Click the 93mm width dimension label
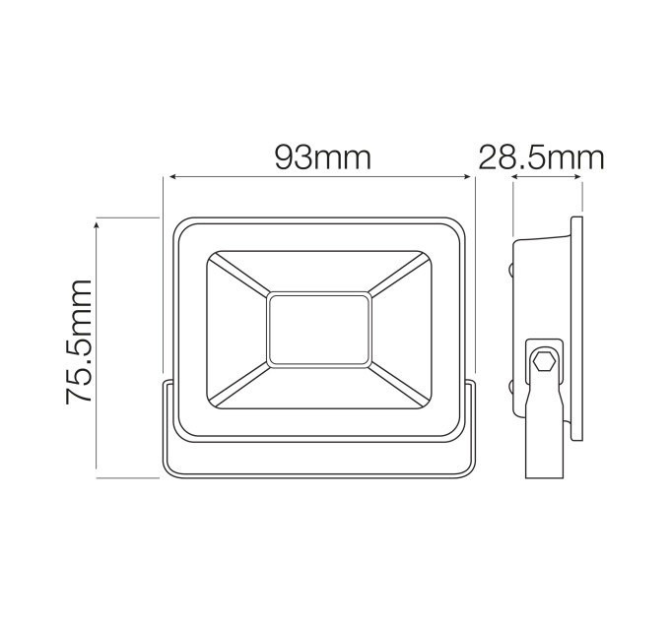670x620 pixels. [x=322, y=157]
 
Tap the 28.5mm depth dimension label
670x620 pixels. [x=541, y=157]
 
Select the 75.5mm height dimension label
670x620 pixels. [x=80, y=341]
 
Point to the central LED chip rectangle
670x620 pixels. [x=319, y=329]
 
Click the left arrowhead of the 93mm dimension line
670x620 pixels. [x=174, y=177]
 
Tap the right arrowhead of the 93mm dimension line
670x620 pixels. [x=466, y=177]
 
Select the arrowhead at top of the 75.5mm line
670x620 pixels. [x=97, y=226]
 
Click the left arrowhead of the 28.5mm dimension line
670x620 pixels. [x=516, y=177]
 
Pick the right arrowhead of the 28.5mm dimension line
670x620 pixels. [x=576, y=177]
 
